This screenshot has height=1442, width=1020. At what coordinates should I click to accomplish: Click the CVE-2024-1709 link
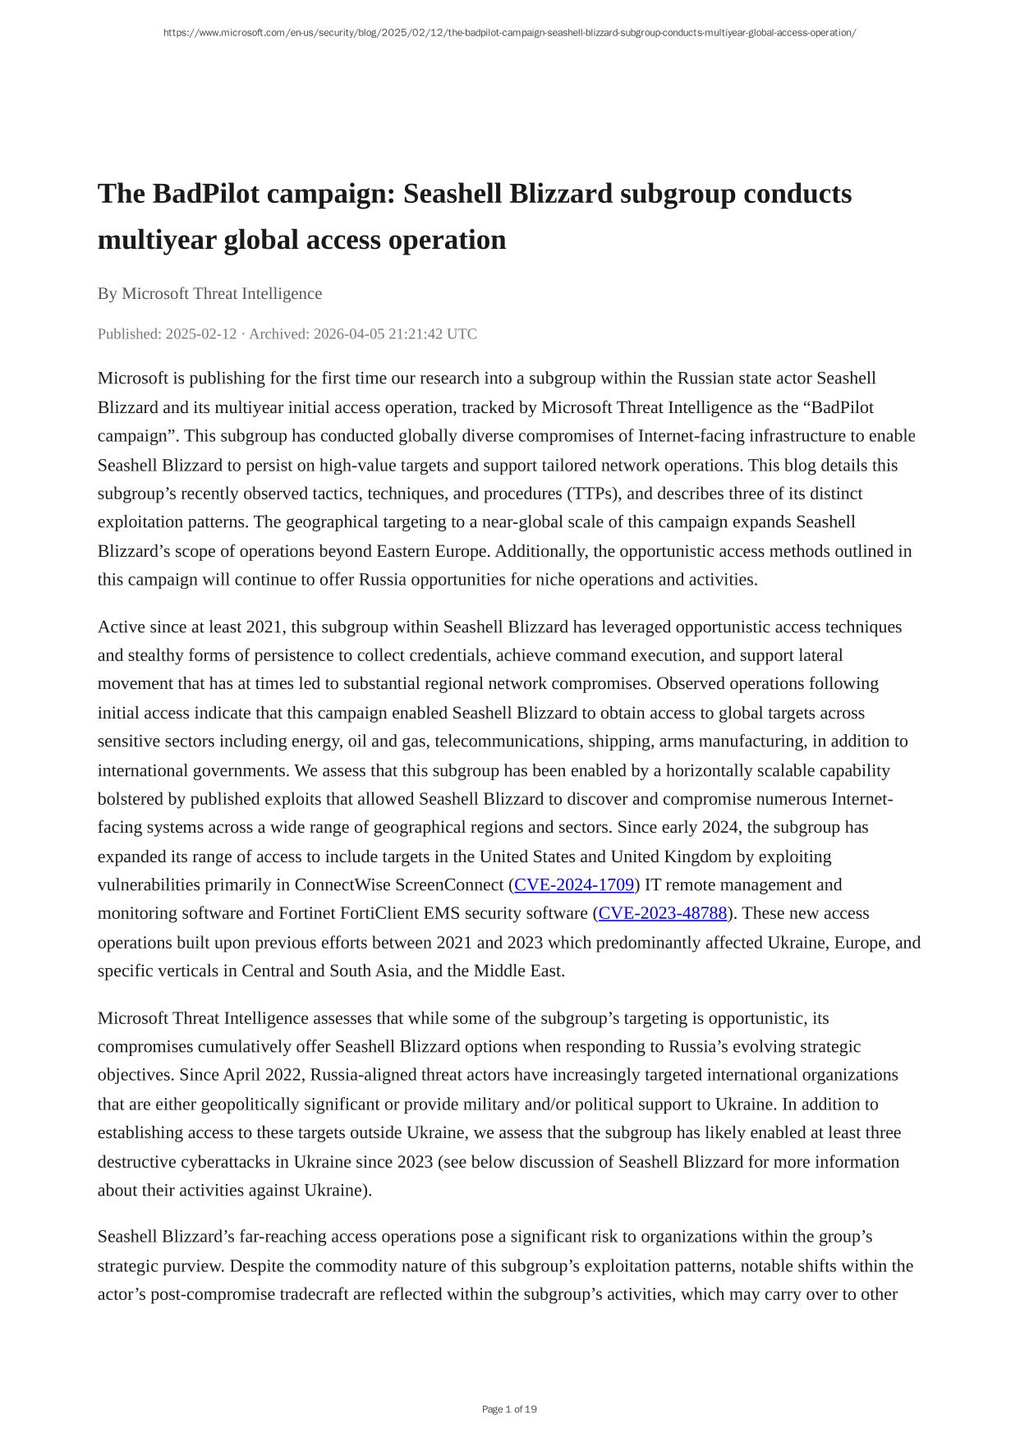(574, 884)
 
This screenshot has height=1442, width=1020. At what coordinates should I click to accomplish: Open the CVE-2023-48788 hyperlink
(663, 913)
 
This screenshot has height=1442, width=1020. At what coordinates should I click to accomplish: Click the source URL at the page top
(509, 33)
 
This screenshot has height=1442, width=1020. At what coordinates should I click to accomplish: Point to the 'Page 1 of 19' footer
(509, 1409)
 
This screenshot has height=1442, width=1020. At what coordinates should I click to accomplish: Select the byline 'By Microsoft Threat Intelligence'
(209, 293)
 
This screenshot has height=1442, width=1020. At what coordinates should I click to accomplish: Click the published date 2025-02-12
(201, 333)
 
